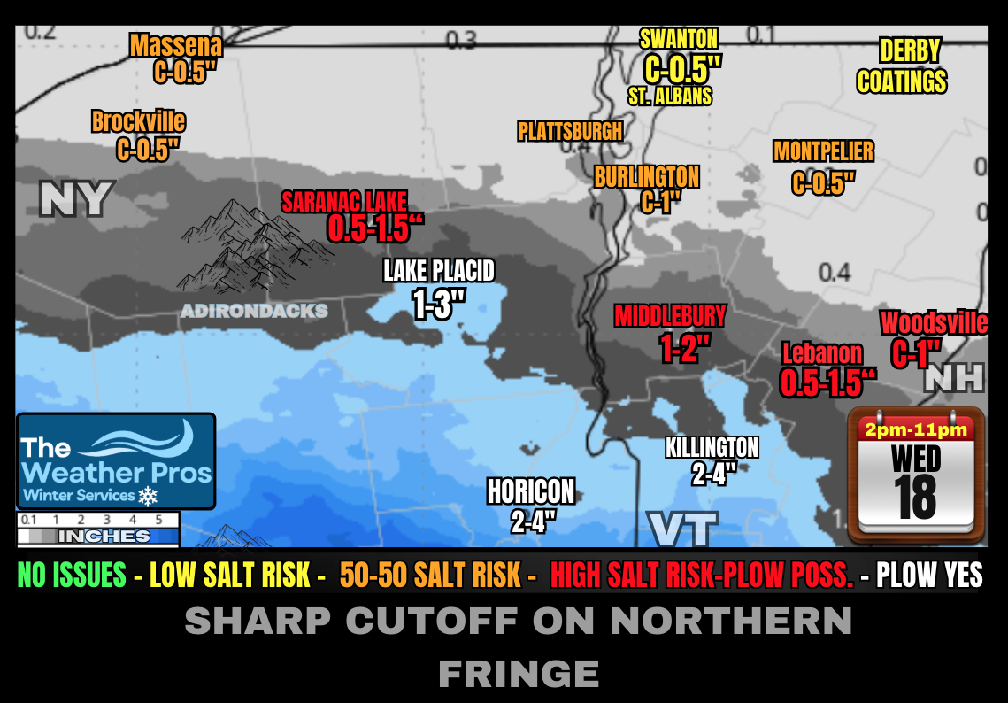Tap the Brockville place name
(139, 121)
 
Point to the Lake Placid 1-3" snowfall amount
(439, 305)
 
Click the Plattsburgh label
(570, 132)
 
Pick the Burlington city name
(647, 177)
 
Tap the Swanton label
(679, 38)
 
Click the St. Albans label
(670, 95)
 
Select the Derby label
(910, 50)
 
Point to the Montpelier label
(823, 151)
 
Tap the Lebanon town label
(822, 353)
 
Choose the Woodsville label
(934, 323)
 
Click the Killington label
(712, 447)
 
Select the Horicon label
(531, 491)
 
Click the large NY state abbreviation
(76, 199)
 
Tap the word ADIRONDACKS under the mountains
(254, 311)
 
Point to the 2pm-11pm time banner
(916, 431)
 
